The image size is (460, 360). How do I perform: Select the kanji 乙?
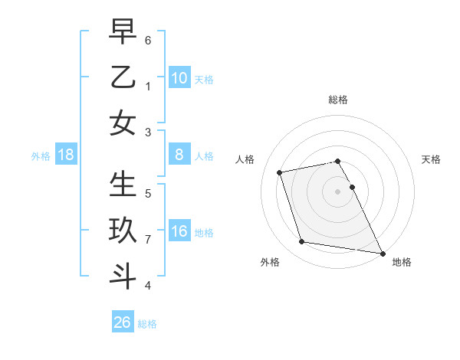[x=123, y=77]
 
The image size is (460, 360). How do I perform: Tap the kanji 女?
[x=123, y=123]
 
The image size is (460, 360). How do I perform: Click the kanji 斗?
[x=123, y=277]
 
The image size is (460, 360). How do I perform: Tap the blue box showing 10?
[x=179, y=78]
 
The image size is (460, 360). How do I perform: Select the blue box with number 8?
[x=179, y=155]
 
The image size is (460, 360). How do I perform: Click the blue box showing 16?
[x=179, y=231]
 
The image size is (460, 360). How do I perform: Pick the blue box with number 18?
[x=66, y=155]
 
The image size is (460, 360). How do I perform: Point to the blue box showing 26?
[x=123, y=322]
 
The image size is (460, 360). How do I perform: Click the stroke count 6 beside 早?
[x=148, y=39]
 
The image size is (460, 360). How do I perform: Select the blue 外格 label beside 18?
[x=41, y=156]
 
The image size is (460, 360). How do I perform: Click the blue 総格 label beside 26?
[x=147, y=324]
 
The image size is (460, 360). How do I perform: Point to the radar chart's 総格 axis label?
[x=338, y=100]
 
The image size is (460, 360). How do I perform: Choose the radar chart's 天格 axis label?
[x=432, y=159]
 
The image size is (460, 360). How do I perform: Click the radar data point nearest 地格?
[x=382, y=252]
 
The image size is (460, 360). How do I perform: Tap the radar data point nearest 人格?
[x=280, y=172]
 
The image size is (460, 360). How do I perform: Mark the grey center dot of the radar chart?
[x=338, y=191]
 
